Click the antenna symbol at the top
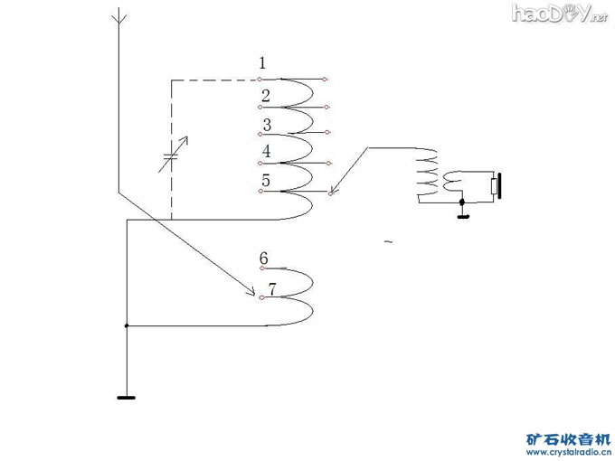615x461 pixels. [x=117, y=16]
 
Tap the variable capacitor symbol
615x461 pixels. [x=171, y=156]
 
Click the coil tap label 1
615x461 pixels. [x=262, y=63]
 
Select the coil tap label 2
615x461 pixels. [x=265, y=96]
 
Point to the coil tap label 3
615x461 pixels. [x=267, y=126]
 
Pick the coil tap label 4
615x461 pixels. [x=267, y=152]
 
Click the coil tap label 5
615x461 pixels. [x=265, y=181]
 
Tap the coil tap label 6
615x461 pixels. [x=263, y=259]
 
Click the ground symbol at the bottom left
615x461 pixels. [x=127, y=396]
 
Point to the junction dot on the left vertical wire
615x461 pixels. [x=127, y=325]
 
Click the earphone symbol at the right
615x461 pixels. [x=495, y=186]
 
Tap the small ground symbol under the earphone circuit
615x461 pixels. [x=463, y=214]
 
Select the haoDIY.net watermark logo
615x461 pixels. [x=559, y=13]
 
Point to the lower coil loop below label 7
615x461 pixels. [x=298, y=310]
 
